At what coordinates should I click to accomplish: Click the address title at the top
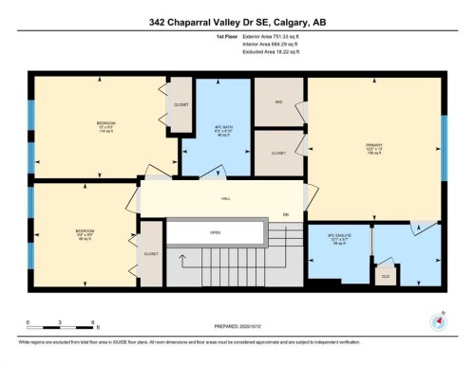237,21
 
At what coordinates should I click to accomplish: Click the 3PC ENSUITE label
339,241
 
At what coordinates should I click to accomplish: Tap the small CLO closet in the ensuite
385,277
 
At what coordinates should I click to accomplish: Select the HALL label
226,199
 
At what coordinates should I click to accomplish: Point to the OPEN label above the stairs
216,232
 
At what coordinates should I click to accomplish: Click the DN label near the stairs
285,214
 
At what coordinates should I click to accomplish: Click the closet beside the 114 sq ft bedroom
180,104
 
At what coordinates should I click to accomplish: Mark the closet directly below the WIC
278,152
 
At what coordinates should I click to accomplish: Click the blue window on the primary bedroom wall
444,142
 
